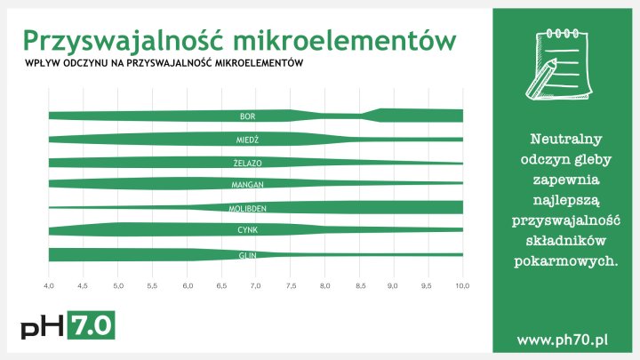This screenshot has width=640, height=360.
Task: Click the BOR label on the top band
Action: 248,116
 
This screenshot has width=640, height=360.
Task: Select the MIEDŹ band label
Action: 248,140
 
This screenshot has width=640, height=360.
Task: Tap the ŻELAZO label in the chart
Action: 248,163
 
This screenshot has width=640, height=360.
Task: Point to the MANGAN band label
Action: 248,185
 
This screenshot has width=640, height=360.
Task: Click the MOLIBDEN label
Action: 248,208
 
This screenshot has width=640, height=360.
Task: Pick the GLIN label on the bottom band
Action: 248,255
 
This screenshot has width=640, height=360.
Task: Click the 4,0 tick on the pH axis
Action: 50,286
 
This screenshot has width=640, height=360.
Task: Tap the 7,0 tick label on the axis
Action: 256,286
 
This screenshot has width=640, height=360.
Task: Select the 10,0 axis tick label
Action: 462,286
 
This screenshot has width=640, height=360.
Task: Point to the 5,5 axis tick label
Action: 153,286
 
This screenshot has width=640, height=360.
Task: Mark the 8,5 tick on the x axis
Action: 359,286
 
